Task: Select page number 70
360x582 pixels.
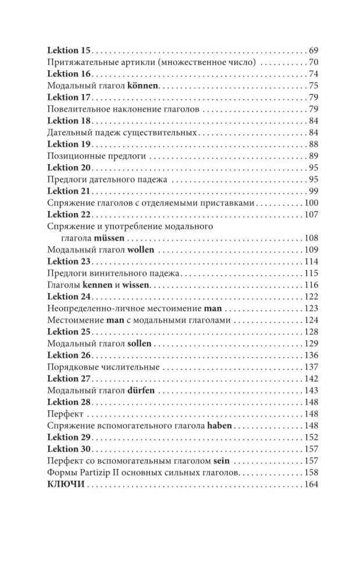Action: pos(314,62)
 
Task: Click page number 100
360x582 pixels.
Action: pos(312,203)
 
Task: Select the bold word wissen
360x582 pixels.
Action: pos(136,285)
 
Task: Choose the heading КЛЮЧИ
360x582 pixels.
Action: pos(65,484)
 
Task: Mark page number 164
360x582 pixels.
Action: pos(312,484)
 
